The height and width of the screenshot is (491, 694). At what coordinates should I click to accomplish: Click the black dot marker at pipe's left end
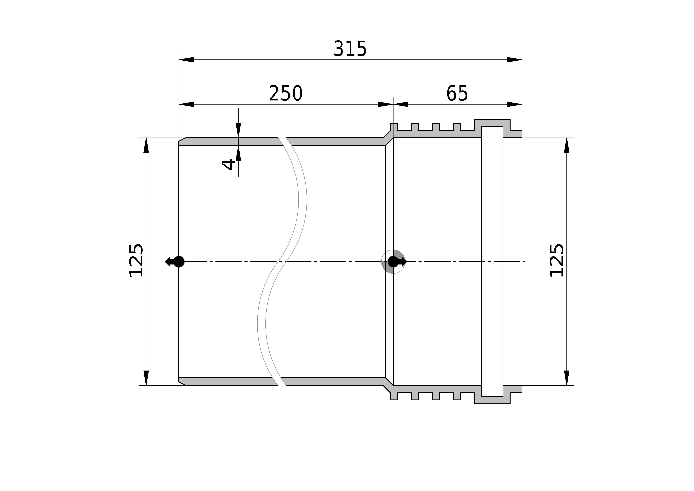(x=179, y=261)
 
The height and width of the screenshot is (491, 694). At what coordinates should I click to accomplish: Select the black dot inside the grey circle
(x=393, y=261)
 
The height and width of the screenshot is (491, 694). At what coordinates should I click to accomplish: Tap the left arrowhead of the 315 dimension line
(x=186, y=60)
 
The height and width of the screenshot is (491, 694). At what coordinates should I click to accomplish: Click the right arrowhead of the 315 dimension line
(x=514, y=60)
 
